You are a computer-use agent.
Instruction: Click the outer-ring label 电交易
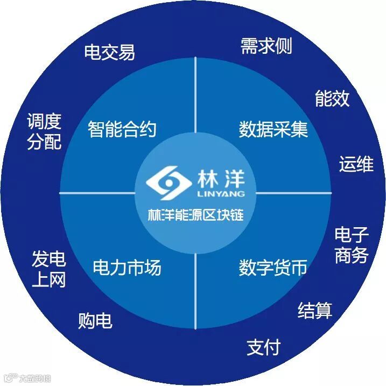tap(109, 52)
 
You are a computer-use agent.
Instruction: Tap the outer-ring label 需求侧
tap(266, 46)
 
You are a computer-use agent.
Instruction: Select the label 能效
tap(332, 99)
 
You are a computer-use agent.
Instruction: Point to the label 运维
tap(356, 164)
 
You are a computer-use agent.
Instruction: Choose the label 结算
tap(315, 310)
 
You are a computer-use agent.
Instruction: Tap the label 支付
tap(264, 347)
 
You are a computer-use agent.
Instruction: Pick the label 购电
tap(95, 321)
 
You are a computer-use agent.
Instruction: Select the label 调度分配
tap(44, 131)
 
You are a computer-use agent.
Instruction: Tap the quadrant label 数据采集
tap(273, 129)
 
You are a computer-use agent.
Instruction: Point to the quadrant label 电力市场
tap(127, 267)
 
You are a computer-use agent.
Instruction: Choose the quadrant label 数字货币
tap(273, 267)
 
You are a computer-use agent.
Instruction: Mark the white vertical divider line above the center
tap(195, 97)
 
